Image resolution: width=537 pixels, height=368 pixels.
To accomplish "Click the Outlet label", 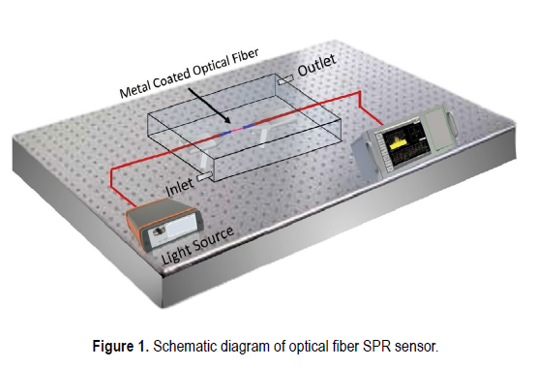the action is tap(316, 65).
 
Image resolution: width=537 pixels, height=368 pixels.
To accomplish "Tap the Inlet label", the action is tap(179, 187).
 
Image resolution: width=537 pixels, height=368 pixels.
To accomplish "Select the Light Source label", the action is tap(197, 245).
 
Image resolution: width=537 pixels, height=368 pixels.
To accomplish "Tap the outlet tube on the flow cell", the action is tap(285, 80).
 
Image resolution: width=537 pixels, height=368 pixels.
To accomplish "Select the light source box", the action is tap(164, 225).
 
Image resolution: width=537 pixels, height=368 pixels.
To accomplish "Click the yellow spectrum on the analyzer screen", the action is tap(398, 144).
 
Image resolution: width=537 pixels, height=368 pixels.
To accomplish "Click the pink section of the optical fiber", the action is tap(237, 130).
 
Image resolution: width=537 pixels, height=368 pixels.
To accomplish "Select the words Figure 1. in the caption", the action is tap(121, 347).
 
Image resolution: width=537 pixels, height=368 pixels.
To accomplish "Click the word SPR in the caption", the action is tap(377, 347).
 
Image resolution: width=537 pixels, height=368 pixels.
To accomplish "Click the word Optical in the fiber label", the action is tap(209, 67).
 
